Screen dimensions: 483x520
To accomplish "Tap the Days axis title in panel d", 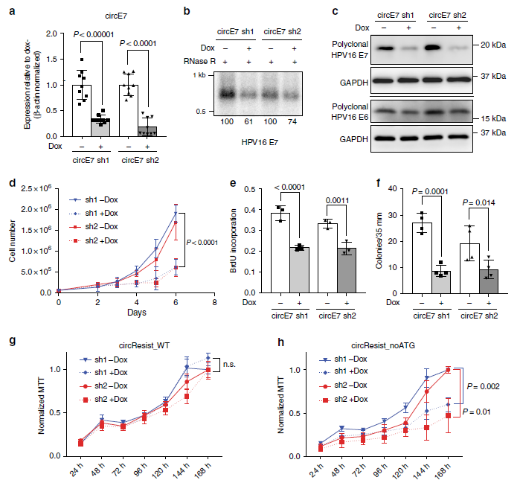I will coord(136,313).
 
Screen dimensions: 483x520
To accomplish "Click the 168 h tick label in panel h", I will coord(446,470).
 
